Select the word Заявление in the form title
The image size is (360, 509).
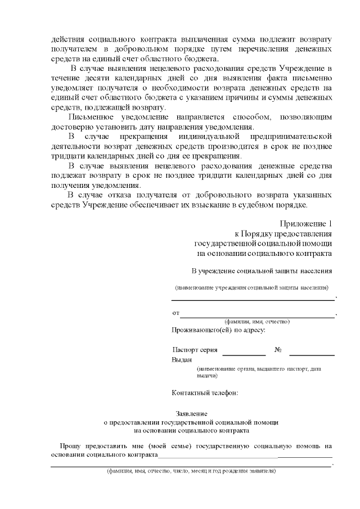tap(192, 413)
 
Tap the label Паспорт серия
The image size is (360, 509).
tap(195, 349)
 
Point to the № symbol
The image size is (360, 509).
tap(278, 349)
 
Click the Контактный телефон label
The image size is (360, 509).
tap(205, 392)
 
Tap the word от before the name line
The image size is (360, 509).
tap(175, 313)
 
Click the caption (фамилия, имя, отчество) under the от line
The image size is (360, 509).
tap(257, 321)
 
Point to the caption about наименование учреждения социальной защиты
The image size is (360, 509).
tap(251, 287)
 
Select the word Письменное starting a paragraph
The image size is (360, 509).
tap(92, 117)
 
